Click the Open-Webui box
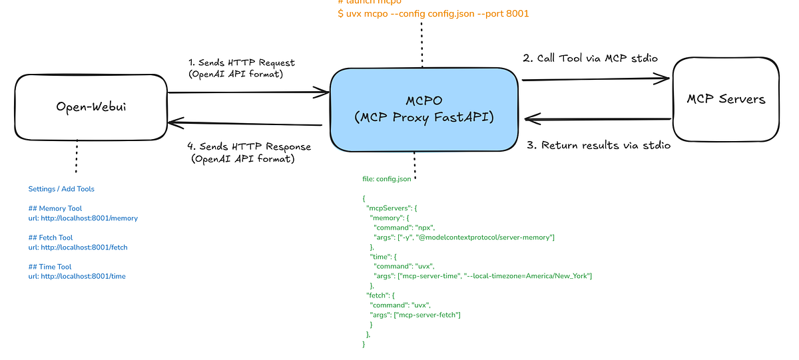[x=91, y=106]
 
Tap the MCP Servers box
[x=726, y=99]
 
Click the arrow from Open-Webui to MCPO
[x=246, y=93]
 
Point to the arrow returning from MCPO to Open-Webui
[x=246, y=123]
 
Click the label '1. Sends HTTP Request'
[x=242, y=63]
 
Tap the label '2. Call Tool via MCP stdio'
[x=590, y=58]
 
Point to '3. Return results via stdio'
[x=599, y=145]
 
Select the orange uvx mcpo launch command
[x=433, y=13]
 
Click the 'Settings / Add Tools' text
[x=61, y=189]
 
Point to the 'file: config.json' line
[x=386, y=179]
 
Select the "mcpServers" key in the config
[x=392, y=208]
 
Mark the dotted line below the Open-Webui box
[x=77, y=156]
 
